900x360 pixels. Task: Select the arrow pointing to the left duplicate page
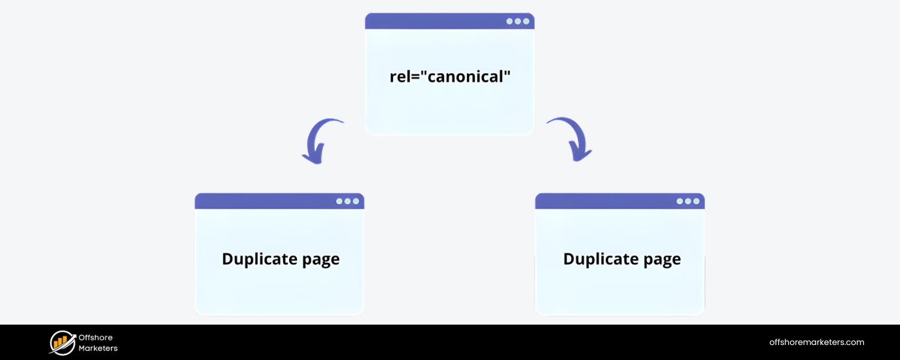click(x=321, y=141)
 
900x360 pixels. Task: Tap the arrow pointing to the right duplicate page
click(x=571, y=139)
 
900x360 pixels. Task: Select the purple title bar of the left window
click(x=264, y=201)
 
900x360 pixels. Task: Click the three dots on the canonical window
click(x=518, y=21)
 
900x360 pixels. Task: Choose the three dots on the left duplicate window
click(x=347, y=201)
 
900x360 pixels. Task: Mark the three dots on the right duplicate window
click(x=688, y=201)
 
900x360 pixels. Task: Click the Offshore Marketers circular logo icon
click(x=62, y=343)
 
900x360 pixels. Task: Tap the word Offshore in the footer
click(x=95, y=338)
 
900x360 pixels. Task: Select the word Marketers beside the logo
click(x=98, y=348)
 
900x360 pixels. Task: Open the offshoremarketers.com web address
click(x=817, y=342)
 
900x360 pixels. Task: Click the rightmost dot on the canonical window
click(x=526, y=21)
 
